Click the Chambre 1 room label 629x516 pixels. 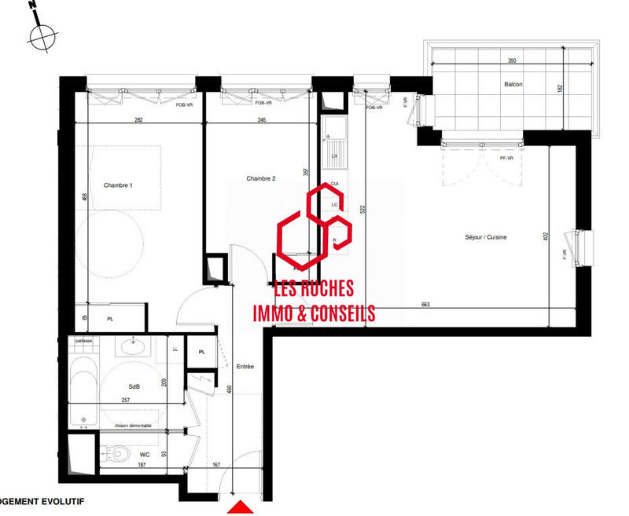pyautogui.click(x=118, y=185)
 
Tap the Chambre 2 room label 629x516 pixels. pyautogui.click(x=260, y=178)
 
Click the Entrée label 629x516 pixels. pyautogui.click(x=245, y=367)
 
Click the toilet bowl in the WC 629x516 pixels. pyautogui.click(x=120, y=454)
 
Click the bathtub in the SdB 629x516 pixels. pyautogui.click(x=82, y=390)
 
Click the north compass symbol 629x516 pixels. pyautogui.click(x=42, y=35)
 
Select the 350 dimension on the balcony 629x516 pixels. pyautogui.click(x=512, y=60)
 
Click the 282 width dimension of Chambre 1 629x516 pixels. pyautogui.click(x=138, y=120)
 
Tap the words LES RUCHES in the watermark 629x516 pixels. pyautogui.click(x=314, y=289)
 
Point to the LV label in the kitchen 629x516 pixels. pyautogui.click(x=335, y=157)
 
